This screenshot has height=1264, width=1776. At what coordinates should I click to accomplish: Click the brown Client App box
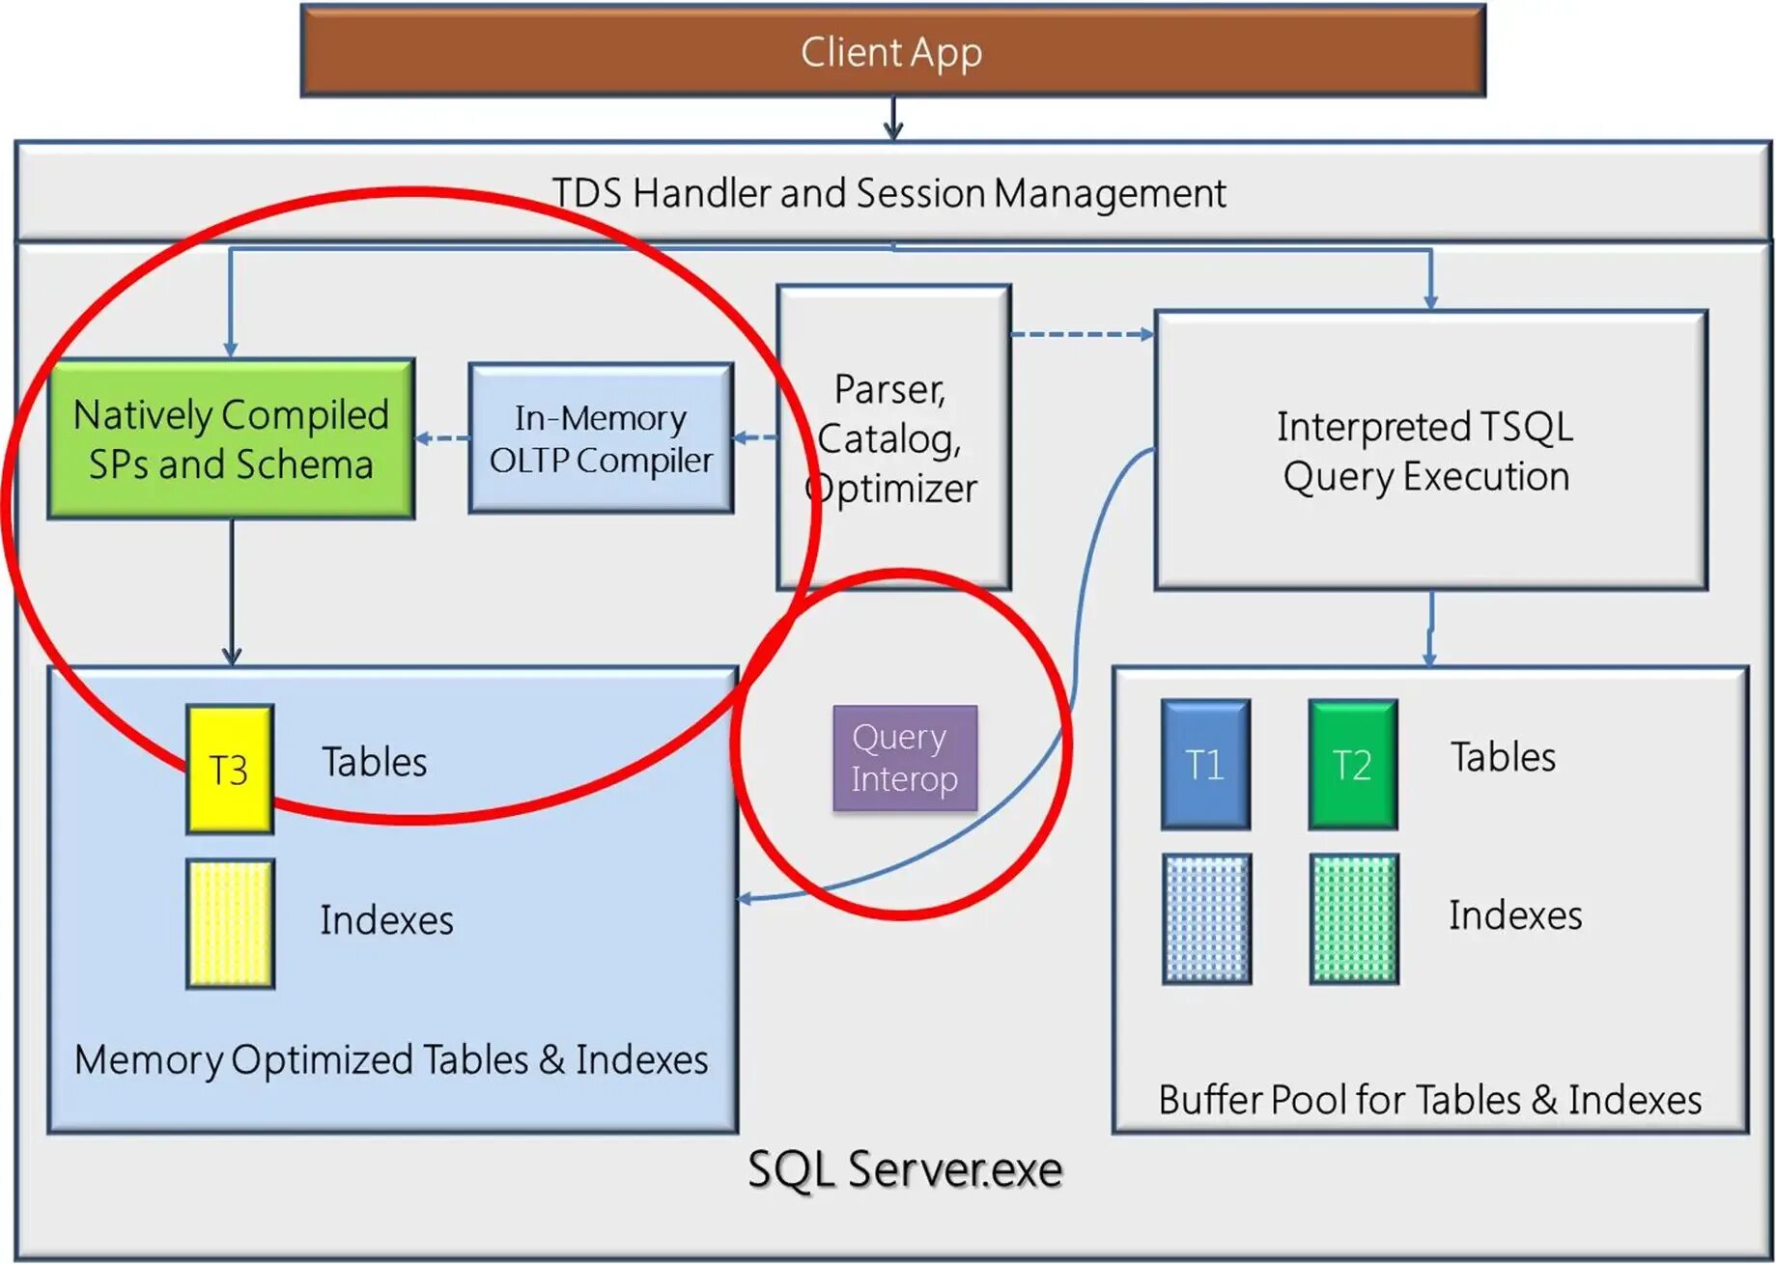click(x=892, y=51)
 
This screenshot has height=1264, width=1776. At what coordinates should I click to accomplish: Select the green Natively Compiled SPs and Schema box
click(x=232, y=439)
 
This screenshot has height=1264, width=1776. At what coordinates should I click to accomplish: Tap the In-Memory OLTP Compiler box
click(x=601, y=438)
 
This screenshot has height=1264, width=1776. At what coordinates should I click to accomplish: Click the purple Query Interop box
click(x=905, y=758)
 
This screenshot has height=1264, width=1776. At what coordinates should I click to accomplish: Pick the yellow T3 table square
click(x=230, y=770)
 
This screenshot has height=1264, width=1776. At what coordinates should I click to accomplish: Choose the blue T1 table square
click(x=1205, y=765)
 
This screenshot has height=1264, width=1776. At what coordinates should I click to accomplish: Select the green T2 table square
click(x=1352, y=765)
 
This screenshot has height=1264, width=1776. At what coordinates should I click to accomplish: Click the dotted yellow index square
click(x=230, y=923)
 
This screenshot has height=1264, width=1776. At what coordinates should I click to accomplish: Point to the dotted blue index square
click(x=1206, y=918)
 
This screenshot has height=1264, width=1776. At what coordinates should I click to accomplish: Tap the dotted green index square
click(x=1353, y=918)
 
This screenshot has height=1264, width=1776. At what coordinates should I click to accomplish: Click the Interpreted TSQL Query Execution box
click(x=1430, y=450)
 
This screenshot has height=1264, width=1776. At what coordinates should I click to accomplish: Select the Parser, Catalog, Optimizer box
click(x=893, y=437)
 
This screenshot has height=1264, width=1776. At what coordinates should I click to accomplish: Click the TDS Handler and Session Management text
click(x=888, y=193)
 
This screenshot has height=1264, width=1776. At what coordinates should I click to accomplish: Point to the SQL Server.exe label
click(x=905, y=1169)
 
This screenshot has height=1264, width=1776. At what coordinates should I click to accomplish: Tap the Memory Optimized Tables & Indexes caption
click(x=391, y=1060)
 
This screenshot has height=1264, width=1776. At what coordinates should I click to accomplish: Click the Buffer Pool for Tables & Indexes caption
click(x=1429, y=1100)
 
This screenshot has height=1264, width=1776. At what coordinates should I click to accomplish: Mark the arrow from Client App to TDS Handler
click(x=893, y=119)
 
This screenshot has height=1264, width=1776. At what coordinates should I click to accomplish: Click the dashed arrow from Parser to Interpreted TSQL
click(x=1082, y=334)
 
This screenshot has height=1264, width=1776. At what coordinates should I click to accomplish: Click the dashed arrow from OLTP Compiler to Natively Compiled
click(x=442, y=438)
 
